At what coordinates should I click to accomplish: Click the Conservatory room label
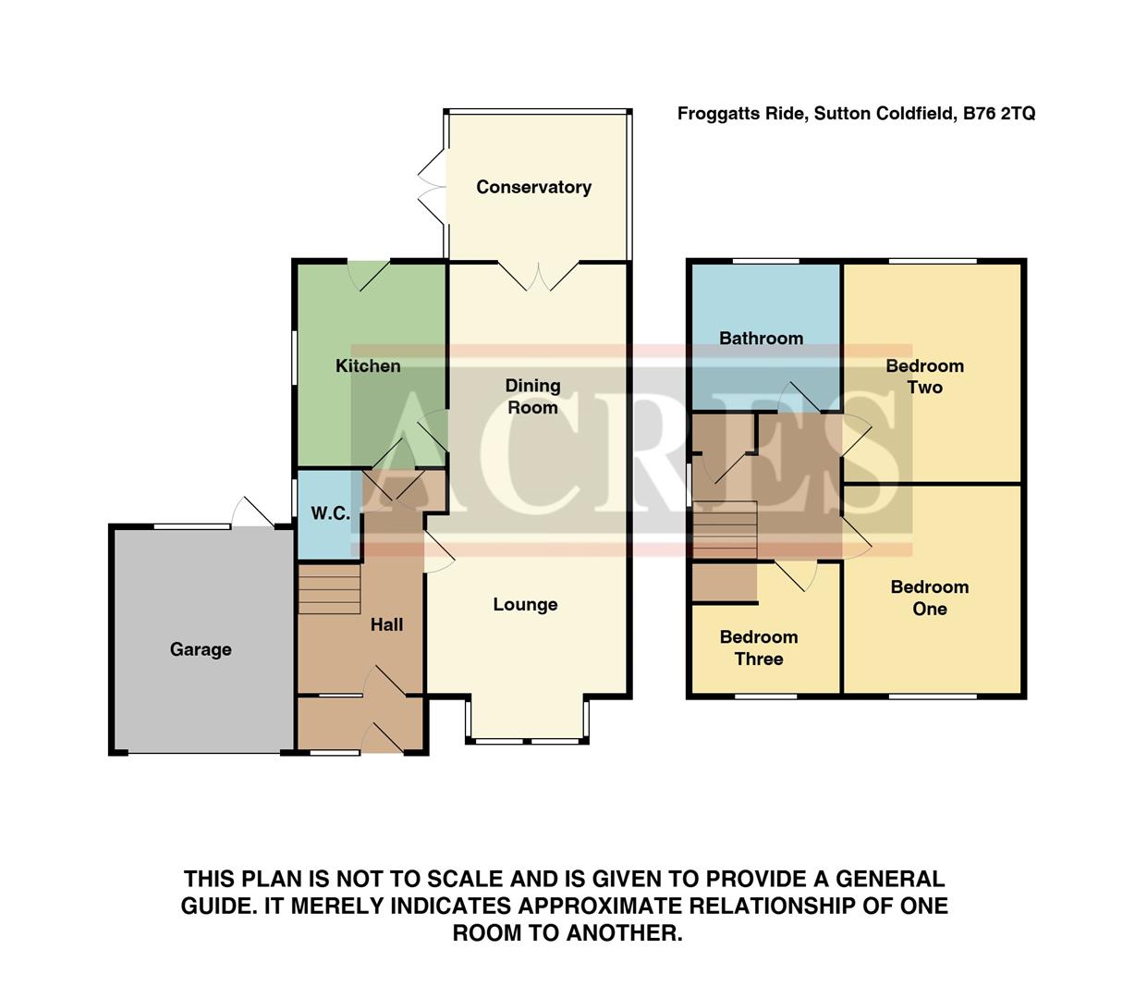(x=533, y=187)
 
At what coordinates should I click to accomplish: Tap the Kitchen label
(x=368, y=366)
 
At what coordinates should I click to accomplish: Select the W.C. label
(x=330, y=513)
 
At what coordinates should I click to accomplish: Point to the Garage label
(x=201, y=649)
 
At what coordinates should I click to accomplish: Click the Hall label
(x=386, y=625)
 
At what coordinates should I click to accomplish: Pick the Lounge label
(x=525, y=605)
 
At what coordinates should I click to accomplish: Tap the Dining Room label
(x=532, y=396)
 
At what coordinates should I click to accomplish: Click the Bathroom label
(x=761, y=339)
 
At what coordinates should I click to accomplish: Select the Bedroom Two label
(x=924, y=376)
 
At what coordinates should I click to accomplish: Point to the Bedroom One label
(x=930, y=598)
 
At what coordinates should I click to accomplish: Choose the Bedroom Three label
(x=759, y=647)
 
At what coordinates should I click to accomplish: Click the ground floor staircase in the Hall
(x=329, y=589)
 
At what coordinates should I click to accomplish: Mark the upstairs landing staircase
(x=725, y=530)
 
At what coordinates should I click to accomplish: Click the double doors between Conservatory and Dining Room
(x=539, y=276)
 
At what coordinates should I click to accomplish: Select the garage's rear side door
(x=252, y=513)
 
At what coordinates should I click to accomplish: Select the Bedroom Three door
(x=796, y=575)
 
